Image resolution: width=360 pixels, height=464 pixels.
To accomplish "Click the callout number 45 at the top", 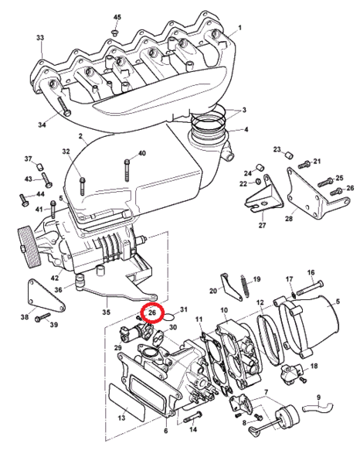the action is coord(117,17).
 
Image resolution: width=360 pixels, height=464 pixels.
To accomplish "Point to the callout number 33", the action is coord(40,38).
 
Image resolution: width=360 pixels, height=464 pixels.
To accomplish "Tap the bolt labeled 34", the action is coord(64,106).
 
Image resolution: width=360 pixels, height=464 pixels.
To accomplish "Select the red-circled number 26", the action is coord(152,312).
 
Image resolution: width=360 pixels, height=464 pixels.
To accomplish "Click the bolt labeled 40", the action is coord(127,170).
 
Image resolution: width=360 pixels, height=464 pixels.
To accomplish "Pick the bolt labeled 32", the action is coord(82,186).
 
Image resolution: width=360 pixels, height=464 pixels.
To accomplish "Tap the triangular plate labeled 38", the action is coord(46,296).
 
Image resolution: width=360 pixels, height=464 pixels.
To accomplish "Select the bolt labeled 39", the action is coord(42,318).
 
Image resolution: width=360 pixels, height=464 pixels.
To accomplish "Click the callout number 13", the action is coord(122,418).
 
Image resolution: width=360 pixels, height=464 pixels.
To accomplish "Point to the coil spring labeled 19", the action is coord(246,287).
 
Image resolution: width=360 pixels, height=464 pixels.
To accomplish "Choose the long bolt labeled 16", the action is coord(310,288).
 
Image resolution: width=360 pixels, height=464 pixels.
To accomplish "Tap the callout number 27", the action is coord(262,225).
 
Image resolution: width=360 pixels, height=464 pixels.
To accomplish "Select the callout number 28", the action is coord(289,218).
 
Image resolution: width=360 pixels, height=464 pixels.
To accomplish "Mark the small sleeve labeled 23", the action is coord(289,155).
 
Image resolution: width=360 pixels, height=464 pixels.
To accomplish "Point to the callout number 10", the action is coord(224,310).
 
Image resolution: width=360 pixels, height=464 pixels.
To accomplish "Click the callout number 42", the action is coord(55,278).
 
